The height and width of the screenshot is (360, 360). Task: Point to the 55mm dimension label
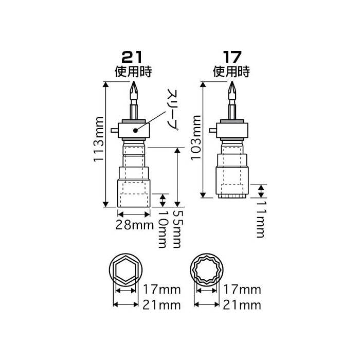tap(177, 229)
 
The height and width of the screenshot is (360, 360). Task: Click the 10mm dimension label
tap(163, 229)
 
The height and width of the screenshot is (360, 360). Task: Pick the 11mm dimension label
tap(261, 220)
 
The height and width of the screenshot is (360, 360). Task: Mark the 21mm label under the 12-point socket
tap(243, 305)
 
